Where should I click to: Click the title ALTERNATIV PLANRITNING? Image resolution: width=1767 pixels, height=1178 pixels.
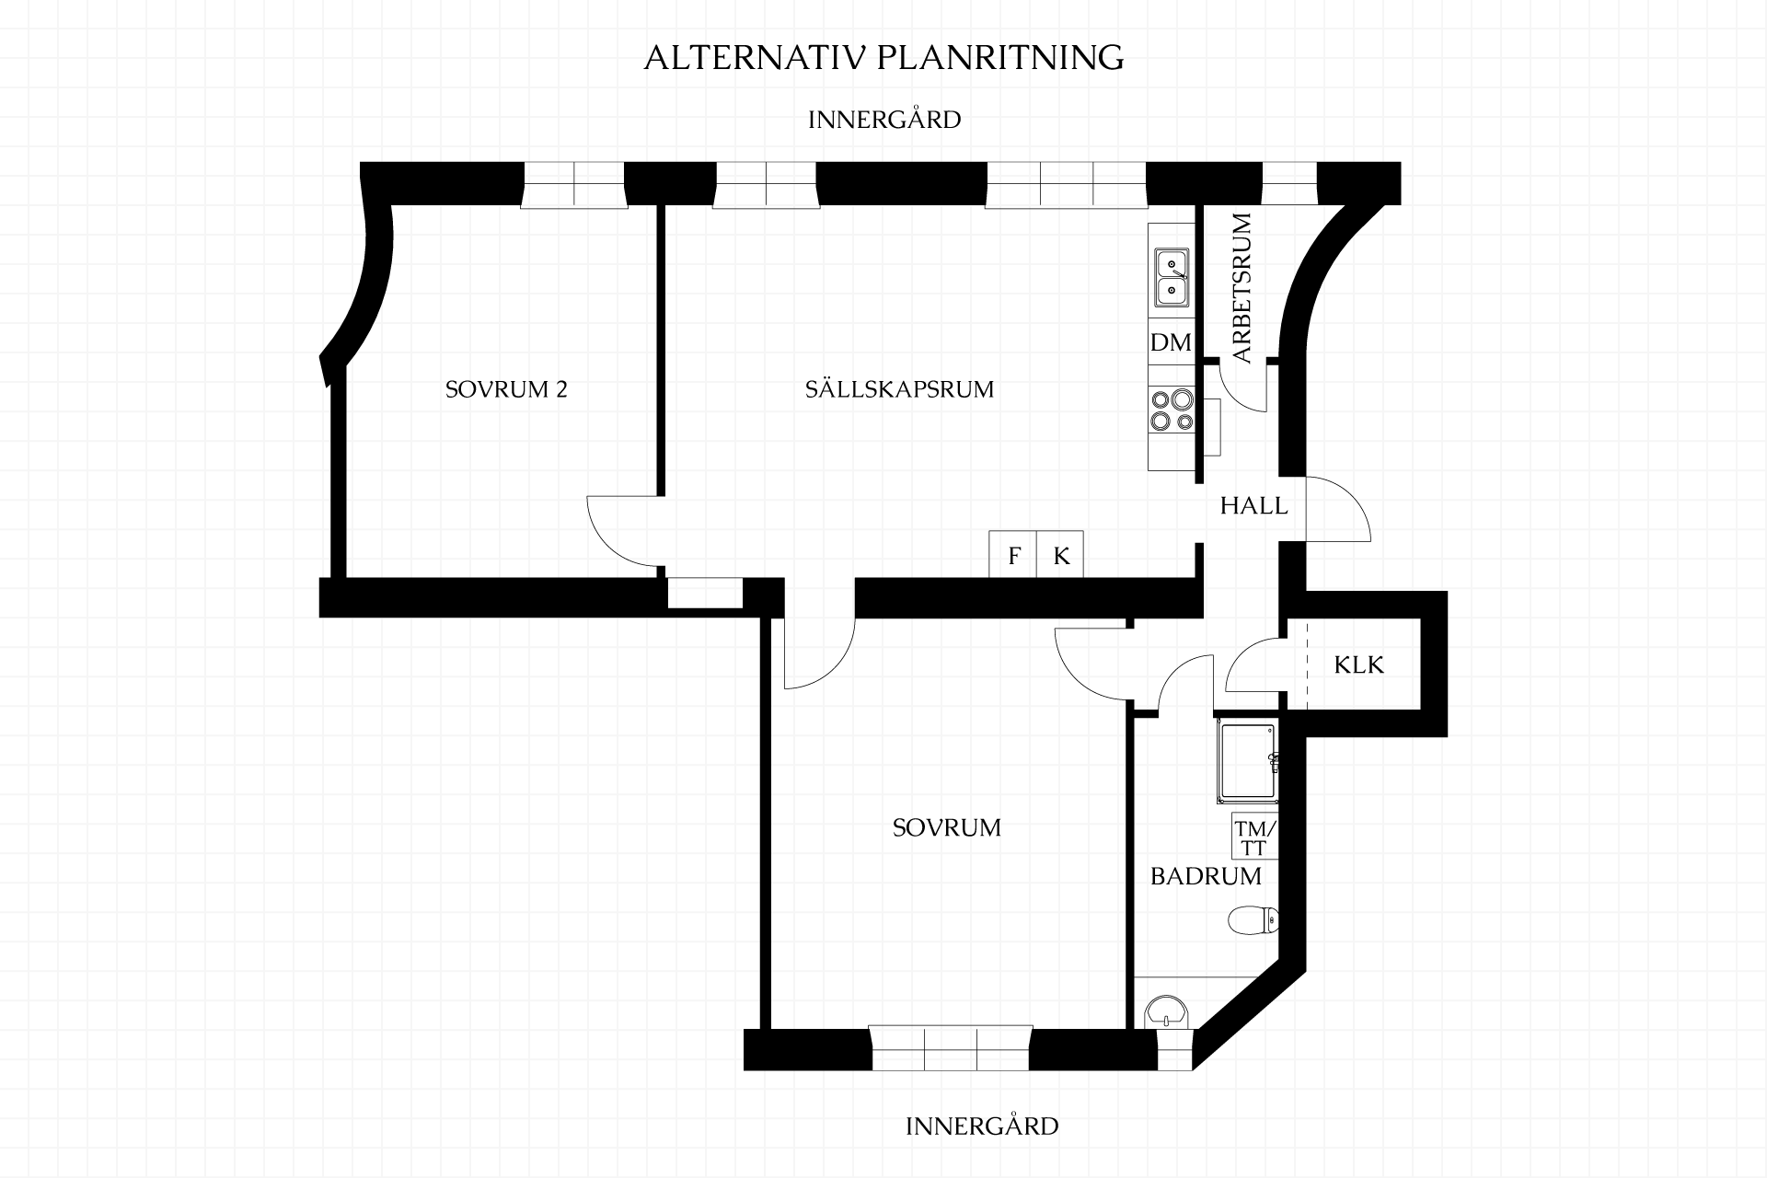(883, 57)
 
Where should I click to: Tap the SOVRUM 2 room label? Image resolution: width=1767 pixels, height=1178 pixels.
(506, 389)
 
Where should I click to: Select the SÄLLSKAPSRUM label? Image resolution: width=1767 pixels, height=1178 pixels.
(899, 388)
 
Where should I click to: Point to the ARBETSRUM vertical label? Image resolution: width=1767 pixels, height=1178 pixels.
(1242, 288)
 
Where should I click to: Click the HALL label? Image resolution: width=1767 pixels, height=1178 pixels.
(1253, 505)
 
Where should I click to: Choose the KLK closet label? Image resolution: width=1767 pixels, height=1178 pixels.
(1358, 664)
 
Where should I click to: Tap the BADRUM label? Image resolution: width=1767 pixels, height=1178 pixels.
(1206, 876)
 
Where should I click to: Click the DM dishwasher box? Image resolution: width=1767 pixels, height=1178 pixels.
(1171, 342)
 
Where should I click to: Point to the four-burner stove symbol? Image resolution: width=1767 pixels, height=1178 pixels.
(1171, 410)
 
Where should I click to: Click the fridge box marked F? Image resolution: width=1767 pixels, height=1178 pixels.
(1013, 555)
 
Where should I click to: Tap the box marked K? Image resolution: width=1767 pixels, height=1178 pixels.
(1060, 555)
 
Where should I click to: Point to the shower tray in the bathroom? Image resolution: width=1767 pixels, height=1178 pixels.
(1247, 758)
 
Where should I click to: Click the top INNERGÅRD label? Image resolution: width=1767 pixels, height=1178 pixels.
(884, 120)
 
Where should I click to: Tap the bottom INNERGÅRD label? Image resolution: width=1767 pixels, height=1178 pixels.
(982, 1126)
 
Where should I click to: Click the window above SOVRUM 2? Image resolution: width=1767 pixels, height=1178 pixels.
(574, 184)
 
